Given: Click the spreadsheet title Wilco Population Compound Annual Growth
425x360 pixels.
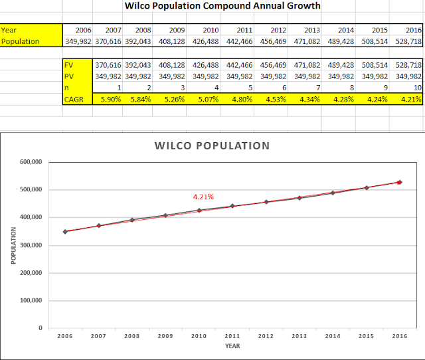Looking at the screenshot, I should pos(222,6).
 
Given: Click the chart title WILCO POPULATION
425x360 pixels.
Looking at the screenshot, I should pos(212,145).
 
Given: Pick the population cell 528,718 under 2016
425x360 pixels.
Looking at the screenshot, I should pos(406,41).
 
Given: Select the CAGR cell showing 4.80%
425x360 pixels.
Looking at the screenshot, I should pos(243,99).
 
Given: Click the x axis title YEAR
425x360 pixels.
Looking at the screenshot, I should pos(232,346).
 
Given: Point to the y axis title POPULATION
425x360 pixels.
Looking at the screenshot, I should pos(14,245).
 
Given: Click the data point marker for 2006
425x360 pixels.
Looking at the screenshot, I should pos(64,232).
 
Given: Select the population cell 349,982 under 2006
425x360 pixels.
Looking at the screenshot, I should pos(77,41).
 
